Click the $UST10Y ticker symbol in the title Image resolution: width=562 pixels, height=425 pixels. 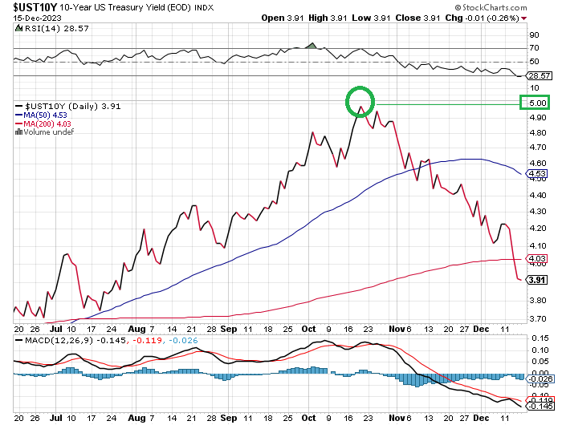coord(31,8)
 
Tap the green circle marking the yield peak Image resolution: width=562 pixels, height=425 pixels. coord(361,102)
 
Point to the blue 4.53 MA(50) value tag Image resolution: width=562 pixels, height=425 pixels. coord(537,173)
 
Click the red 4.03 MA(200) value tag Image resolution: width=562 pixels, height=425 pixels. coord(537,257)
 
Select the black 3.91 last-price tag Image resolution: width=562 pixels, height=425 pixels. coord(537,279)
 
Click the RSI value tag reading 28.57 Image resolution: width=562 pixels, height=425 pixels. coord(538,75)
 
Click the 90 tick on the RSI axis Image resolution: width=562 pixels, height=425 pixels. coord(533,35)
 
